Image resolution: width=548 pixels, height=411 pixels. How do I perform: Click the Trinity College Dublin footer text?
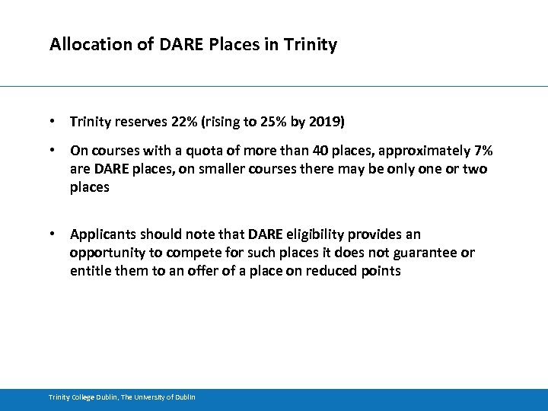(x=122, y=397)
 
